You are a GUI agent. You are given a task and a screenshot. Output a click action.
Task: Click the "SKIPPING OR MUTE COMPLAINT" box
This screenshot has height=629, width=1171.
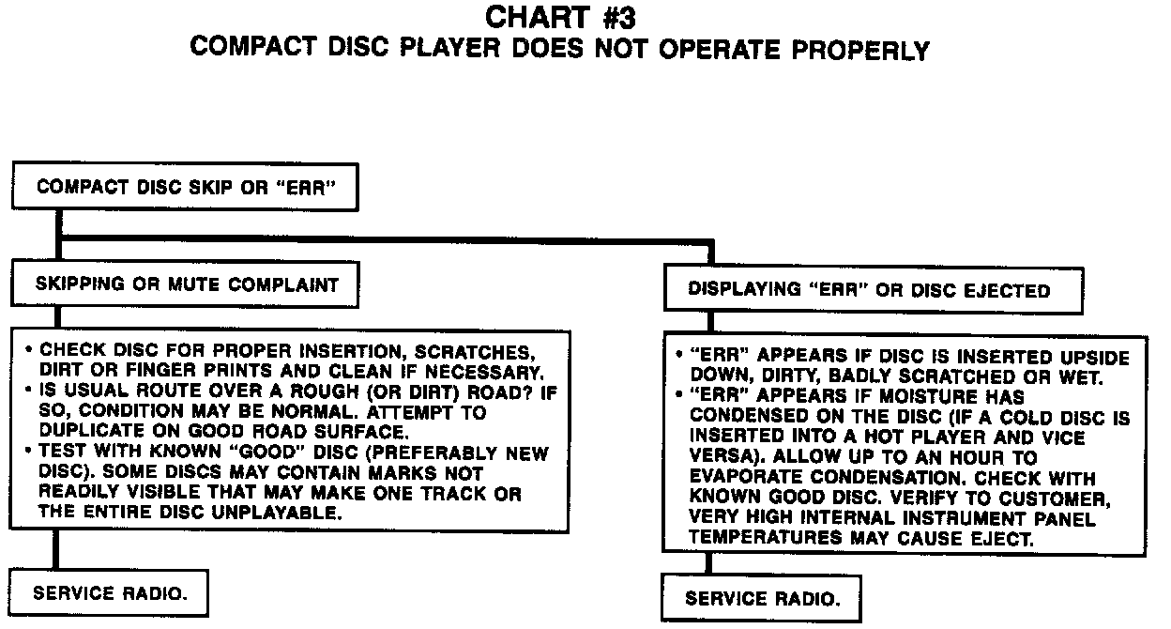point(187,284)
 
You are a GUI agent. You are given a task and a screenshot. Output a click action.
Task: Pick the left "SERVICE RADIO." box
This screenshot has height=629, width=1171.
point(109,593)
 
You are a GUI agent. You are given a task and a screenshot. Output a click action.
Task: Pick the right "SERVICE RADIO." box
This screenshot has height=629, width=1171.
point(761,598)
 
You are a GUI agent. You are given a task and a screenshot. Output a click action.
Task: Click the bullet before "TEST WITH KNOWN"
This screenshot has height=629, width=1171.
point(30,453)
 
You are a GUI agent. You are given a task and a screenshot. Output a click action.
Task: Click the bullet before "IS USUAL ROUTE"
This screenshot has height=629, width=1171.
point(30,392)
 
